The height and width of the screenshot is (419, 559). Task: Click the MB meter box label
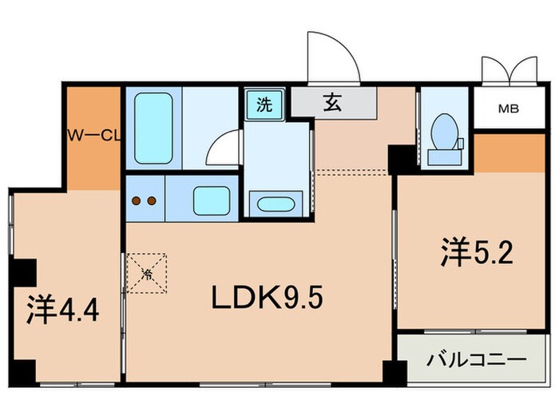click(x=509, y=109)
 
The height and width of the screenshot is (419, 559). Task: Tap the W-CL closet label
click(x=92, y=135)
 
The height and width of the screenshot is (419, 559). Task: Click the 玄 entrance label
click(x=333, y=102)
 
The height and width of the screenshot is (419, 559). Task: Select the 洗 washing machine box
click(x=263, y=103)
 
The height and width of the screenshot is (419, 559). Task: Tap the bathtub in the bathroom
click(x=153, y=128)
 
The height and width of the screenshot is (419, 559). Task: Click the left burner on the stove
click(x=137, y=200)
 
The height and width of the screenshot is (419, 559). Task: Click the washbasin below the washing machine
click(x=276, y=203)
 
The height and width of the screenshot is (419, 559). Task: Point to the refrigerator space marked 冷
click(x=148, y=273)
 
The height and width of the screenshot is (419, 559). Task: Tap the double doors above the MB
click(x=509, y=70)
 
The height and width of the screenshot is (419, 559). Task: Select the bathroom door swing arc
click(x=224, y=149)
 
